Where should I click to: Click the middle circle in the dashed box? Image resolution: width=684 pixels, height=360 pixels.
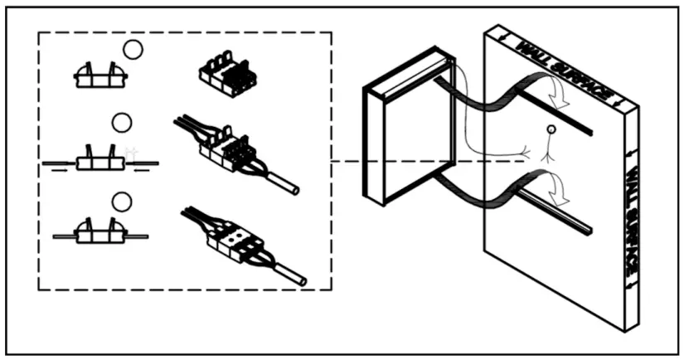122,124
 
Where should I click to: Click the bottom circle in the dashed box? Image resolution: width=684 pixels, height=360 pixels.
123,202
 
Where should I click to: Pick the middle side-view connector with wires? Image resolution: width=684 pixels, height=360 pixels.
99,160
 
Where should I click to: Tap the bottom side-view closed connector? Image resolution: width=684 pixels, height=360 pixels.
99,233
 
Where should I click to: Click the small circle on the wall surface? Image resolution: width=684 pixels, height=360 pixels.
550,131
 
